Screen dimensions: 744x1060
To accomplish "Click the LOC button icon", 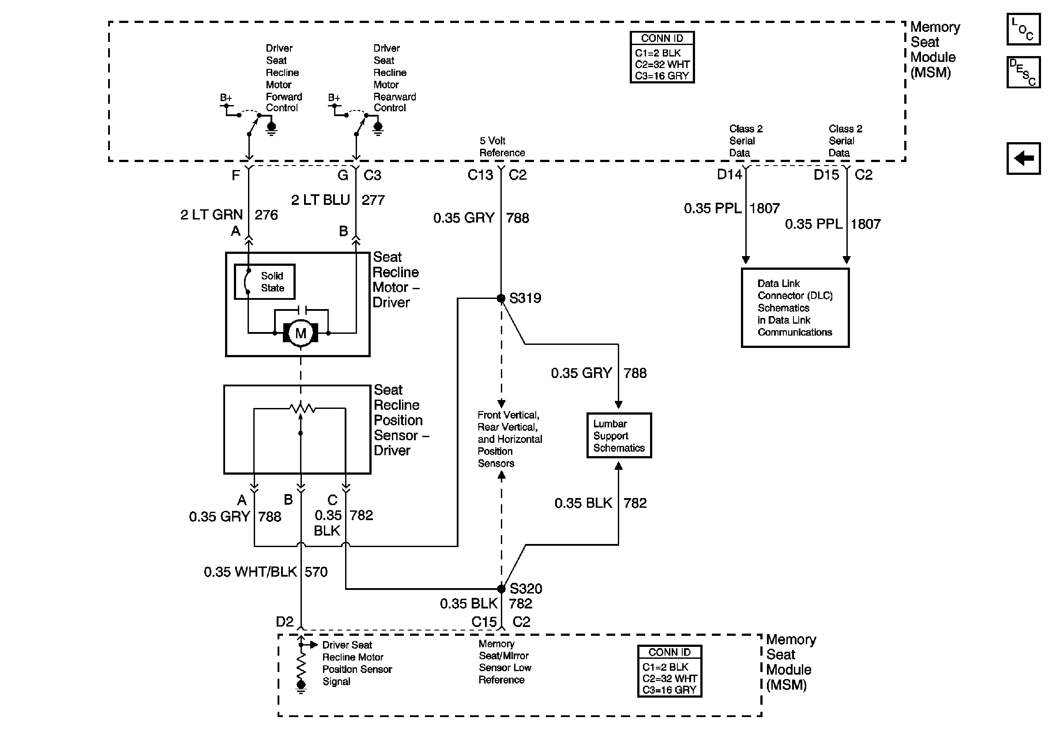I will tap(1023, 30).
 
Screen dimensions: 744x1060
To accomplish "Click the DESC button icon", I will tap(1023, 72).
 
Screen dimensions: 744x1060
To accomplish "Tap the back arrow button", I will tap(1023, 159).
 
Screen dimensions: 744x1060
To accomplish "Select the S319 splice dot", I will tap(501, 298).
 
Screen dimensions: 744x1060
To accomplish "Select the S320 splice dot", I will tap(501, 589).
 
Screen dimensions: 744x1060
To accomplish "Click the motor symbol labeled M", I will tap(301, 333).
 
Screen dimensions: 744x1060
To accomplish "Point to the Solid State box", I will tap(264, 282).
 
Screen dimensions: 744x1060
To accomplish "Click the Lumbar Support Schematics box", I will tap(619, 435).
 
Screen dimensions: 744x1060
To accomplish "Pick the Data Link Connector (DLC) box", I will tap(795, 308).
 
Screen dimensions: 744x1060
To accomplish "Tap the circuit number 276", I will tap(267, 215).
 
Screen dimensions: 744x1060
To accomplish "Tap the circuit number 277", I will tap(373, 200).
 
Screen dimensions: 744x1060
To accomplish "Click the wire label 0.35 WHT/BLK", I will tap(250, 572).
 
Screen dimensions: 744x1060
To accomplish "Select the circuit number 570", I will tap(316, 572).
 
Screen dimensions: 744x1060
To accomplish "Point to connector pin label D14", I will tap(729, 174).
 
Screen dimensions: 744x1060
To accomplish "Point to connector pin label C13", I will tap(480, 174).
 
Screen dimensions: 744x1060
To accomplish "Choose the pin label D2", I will tap(284, 622).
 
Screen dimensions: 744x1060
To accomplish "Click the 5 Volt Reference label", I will tap(502, 147).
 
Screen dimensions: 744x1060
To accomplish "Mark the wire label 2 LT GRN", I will tap(211, 215).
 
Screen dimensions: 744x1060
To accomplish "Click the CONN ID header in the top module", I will tap(662, 38).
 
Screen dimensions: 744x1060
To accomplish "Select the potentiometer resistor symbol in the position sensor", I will tap(302, 408).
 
